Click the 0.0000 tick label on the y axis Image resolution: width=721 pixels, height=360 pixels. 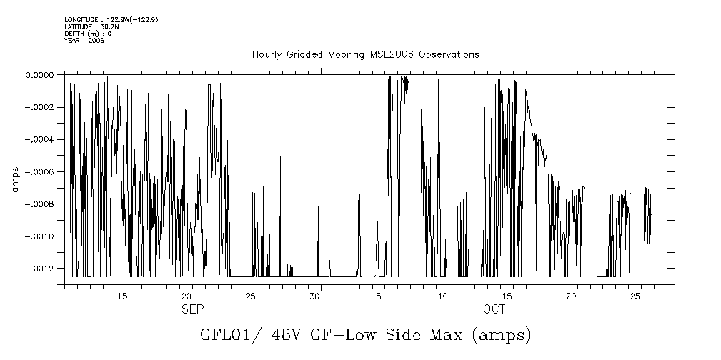pyautogui.click(x=39, y=74)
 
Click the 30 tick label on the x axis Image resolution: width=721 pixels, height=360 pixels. pyautogui.click(x=315, y=296)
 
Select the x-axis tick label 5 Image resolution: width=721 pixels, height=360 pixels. pyautogui.click(x=379, y=296)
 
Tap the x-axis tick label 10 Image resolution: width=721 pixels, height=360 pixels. pyautogui.click(x=443, y=296)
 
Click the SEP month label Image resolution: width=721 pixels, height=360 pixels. pyautogui.click(x=192, y=309)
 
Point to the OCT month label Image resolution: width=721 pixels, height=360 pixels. pyautogui.click(x=494, y=309)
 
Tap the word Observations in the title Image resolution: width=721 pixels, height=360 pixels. pyautogui.click(x=449, y=55)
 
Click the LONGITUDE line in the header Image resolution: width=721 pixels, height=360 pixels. pyautogui.click(x=111, y=19)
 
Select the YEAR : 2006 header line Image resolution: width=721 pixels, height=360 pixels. pyautogui.click(x=84, y=41)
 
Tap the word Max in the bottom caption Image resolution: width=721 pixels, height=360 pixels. pyautogui.click(x=446, y=334)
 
